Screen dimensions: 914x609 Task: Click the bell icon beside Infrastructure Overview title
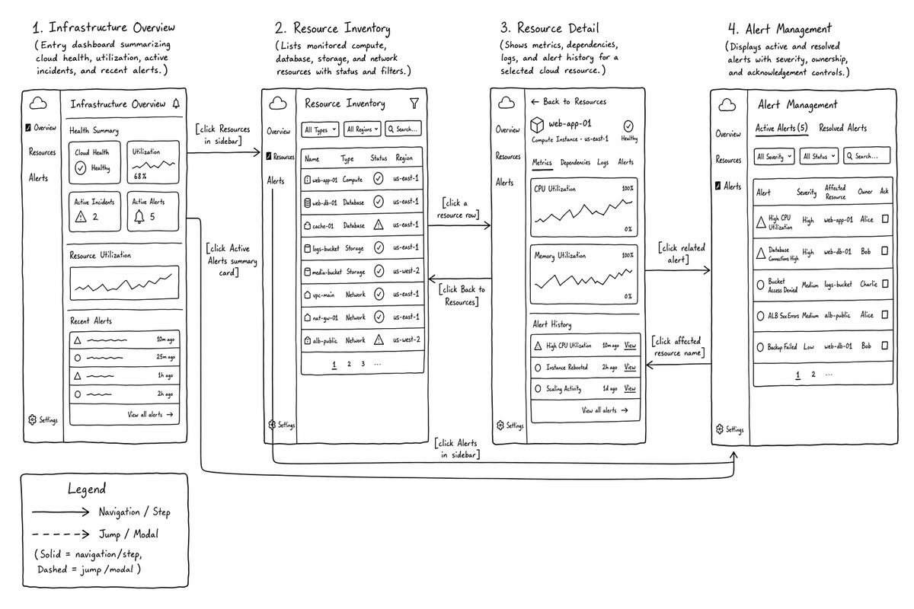tap(176, 104)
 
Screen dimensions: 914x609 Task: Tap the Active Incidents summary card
tap(94, 212)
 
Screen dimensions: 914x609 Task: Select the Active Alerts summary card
tap(152, 212)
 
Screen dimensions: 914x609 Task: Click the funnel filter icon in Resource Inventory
tap(414, 104)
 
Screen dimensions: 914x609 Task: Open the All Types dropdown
tap(320, 129)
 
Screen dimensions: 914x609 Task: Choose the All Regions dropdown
tap(362, 129)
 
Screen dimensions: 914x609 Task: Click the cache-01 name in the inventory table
tap(323, 225)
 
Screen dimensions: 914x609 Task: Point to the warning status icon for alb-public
tap(379, 340)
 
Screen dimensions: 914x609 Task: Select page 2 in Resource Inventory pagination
tap(349, 364)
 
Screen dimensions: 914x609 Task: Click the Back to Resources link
tap(569, 101)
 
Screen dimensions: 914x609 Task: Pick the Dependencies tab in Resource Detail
tap(575, 162)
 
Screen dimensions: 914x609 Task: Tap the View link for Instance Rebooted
tap(630, 367)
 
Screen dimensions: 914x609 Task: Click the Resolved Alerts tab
tap(842, 128)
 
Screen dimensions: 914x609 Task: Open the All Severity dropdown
tap(774, 156)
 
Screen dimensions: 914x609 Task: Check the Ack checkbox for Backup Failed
tap(884, 346)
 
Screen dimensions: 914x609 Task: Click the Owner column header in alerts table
tap(864, 191)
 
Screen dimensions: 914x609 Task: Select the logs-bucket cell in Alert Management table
tap(838, 284)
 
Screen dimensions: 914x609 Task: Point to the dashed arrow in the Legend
tap(60, 534)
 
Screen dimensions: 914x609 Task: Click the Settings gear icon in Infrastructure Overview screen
tap(32, 419)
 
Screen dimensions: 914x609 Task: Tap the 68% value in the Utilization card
tap(140, 176)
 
